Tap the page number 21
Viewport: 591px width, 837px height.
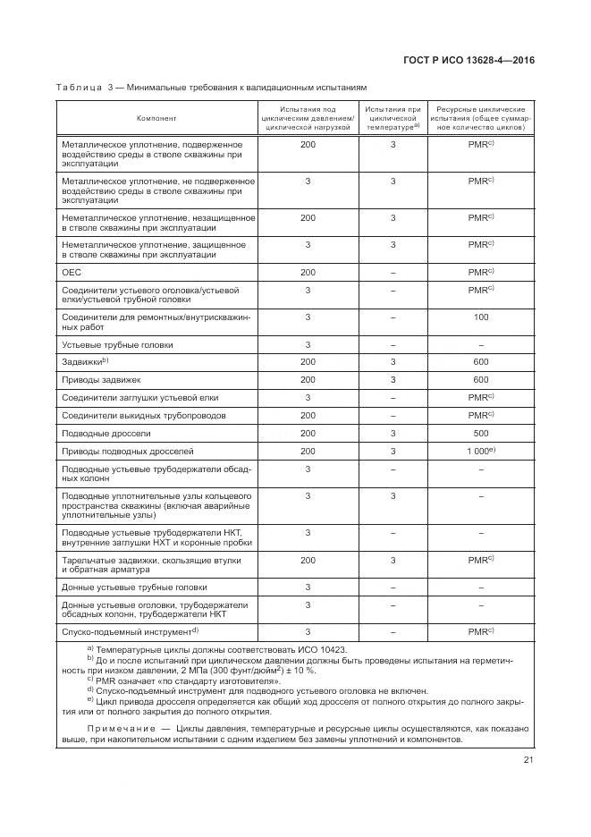click(x=527, y=761)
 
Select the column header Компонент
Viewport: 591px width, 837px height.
click(x=156, y=118)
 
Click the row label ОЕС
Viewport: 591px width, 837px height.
click(x=71, y=272)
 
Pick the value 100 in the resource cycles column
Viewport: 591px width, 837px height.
click(x=480, y=317)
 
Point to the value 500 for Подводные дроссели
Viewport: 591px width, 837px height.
click(x=480, y=433)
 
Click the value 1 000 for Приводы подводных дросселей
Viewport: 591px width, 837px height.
click(x=478, y=452)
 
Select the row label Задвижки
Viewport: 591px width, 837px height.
click(x=82, y=361)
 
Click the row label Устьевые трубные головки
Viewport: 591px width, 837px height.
click(x=116, y=343)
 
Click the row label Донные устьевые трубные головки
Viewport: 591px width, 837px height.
click(x=133, y=588)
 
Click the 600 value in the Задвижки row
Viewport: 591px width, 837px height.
click(x=480, y=361)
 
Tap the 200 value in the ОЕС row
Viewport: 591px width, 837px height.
click(x=308, y=272)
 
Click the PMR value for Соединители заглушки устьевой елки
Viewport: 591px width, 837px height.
click(x=478, y=397)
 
